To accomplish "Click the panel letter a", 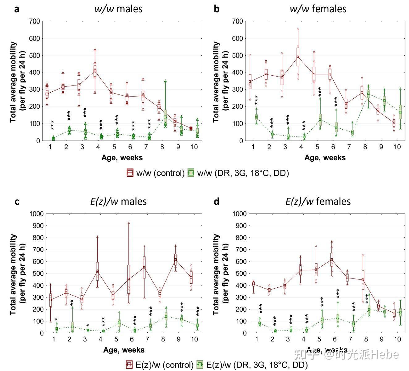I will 17,9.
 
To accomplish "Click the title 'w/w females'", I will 318,9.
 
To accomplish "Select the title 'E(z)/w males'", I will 118,202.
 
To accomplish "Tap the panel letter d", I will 217,202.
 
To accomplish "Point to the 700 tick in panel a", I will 34,21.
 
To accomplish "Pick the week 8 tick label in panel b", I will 365,147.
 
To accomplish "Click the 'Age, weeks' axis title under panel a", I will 122,158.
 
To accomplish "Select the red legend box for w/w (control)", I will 130,173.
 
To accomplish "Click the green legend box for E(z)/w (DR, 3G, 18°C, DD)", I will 200,365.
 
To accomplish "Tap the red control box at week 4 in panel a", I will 95,71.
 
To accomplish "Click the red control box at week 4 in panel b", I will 298,57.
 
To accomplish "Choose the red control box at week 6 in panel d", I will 331,260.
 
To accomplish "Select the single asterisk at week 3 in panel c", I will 87,325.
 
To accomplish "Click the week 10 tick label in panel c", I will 194,339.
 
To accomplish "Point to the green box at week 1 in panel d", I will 260,323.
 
